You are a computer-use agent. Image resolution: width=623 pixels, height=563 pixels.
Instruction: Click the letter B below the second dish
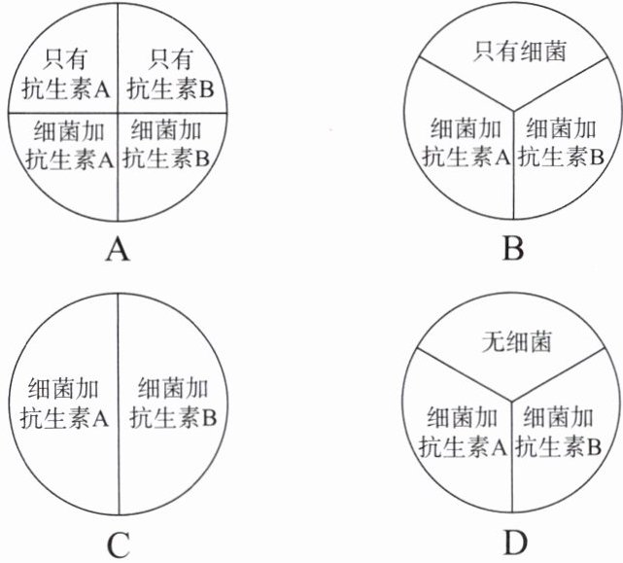(512, 250)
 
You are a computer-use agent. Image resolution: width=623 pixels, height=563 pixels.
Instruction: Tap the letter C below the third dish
(118, 545)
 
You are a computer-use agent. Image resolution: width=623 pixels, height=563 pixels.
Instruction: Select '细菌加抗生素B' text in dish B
(561, 143)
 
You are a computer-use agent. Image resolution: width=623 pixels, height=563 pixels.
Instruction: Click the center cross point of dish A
(118, 113)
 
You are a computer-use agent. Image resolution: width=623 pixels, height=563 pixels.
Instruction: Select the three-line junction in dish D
(511, 401)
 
